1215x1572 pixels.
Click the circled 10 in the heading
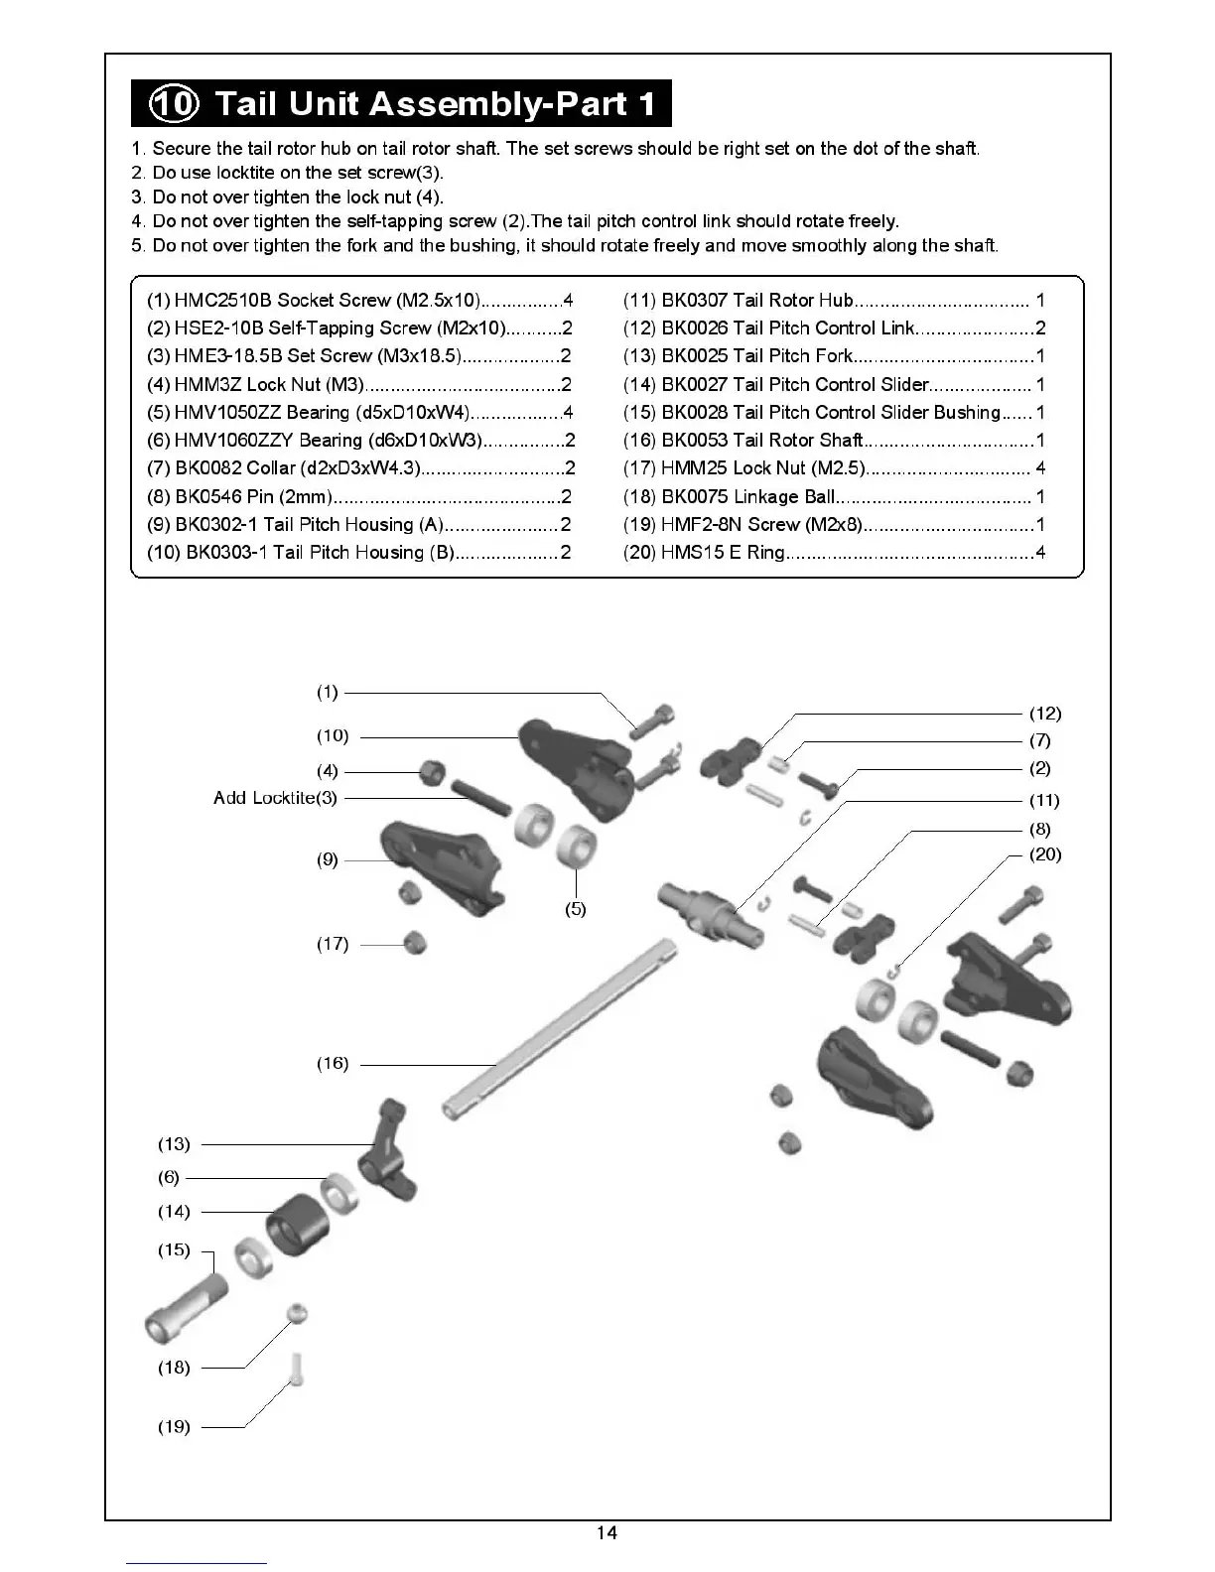tap(174, 104)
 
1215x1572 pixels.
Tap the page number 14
tap(607, 1533)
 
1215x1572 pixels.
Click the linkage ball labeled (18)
tap(297, 1313)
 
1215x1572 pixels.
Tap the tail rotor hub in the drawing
tap(711, 908)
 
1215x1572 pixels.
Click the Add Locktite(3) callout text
tap(275, 798)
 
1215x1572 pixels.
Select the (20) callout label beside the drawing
tap(1045, 854)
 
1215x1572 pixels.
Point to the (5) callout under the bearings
tap(576, 909)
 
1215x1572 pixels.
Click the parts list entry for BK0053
tap(834, 440)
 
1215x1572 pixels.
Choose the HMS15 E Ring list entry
tap(834, 552)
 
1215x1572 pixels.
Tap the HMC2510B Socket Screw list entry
tap(359, 300)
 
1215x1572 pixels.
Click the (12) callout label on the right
tap(1045, 714)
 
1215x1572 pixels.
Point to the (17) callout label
tap(333, 944)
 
